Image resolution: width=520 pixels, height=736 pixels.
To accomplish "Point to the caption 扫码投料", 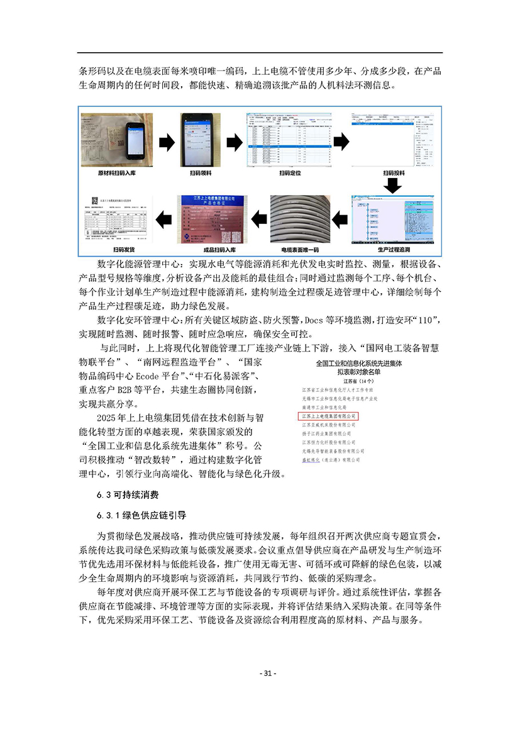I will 393,172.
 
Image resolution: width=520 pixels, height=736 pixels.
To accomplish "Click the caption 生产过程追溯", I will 392,250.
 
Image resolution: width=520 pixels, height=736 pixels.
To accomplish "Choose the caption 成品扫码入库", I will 211,250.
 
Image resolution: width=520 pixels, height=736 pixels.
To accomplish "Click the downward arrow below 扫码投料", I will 393,186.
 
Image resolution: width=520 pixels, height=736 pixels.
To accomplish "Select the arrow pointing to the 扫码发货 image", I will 163,219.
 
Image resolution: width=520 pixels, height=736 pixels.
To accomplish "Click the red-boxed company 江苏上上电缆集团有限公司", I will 328,416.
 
